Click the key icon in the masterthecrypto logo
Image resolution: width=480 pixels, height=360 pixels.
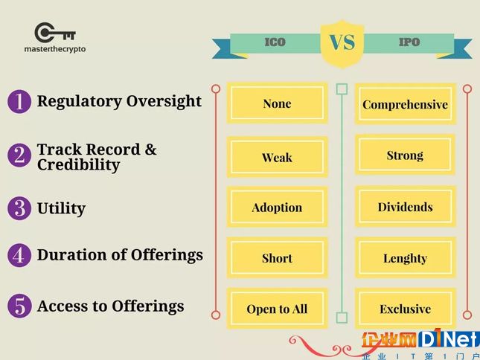pos(55,32)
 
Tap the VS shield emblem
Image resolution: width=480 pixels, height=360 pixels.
pos(342,44)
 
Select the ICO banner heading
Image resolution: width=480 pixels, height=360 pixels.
pos(275,42)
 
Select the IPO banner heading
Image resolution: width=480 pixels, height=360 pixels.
pos(409,42)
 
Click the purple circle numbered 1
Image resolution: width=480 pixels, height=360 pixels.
pos(19,102)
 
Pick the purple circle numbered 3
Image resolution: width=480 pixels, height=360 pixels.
pos(19,208)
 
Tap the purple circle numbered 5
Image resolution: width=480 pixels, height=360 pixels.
pos(19,306)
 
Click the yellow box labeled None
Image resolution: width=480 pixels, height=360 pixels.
pos(277,103)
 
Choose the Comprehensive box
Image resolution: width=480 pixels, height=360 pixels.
pos(406,104)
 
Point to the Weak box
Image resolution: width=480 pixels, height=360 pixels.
pos(277,157)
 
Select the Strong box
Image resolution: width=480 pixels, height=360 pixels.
pos(405,155)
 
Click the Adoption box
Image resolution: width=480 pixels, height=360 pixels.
pos(277,207)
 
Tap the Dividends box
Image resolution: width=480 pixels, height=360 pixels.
pos(406,207)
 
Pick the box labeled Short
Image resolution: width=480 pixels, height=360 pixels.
pos(277,258)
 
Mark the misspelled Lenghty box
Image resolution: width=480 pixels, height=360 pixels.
pos(406,258)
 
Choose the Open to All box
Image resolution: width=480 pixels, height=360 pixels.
pos(277,309)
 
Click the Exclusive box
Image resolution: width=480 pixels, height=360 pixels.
pos(406,309)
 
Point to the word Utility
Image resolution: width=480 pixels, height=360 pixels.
pos(61,209)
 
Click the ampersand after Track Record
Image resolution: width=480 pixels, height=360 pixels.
pos(150,150)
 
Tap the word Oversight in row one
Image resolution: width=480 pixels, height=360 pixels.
pos(164,102)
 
